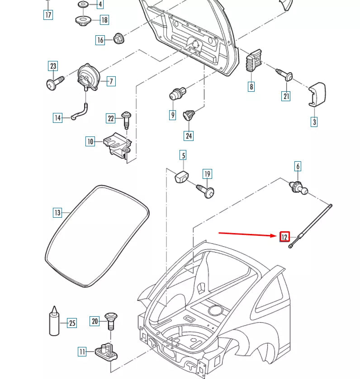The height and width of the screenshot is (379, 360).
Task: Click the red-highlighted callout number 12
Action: (284, 237)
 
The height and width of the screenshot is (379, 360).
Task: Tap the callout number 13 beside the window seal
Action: (57, 213)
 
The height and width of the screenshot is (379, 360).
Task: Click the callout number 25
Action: (72, 323)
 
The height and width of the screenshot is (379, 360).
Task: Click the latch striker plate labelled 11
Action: (107, 351)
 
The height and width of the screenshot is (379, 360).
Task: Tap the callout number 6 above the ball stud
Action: (298, 166)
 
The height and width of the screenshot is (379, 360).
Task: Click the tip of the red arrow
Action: (276, 236)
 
